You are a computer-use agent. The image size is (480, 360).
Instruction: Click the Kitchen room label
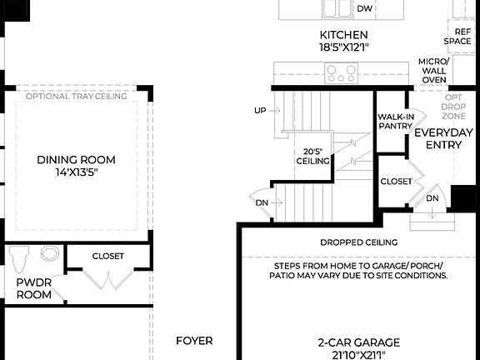coord(343,41)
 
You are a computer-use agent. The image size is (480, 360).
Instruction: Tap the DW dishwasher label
coord(364,9)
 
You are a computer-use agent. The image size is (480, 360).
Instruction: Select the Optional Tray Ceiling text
coord(76,97)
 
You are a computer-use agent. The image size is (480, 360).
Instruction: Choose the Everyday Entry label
coord(443,138)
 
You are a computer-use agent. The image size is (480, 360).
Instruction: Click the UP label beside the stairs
coord(260,111)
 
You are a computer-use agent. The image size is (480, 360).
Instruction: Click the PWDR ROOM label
coord(34,288)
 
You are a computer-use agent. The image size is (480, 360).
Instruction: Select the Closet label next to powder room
coord(108,256)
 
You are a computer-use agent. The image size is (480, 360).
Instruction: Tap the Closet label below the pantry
coord(396,181)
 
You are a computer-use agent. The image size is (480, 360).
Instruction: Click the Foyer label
coord(194,341)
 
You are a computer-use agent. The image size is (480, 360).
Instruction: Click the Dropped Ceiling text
coord(358,242)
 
